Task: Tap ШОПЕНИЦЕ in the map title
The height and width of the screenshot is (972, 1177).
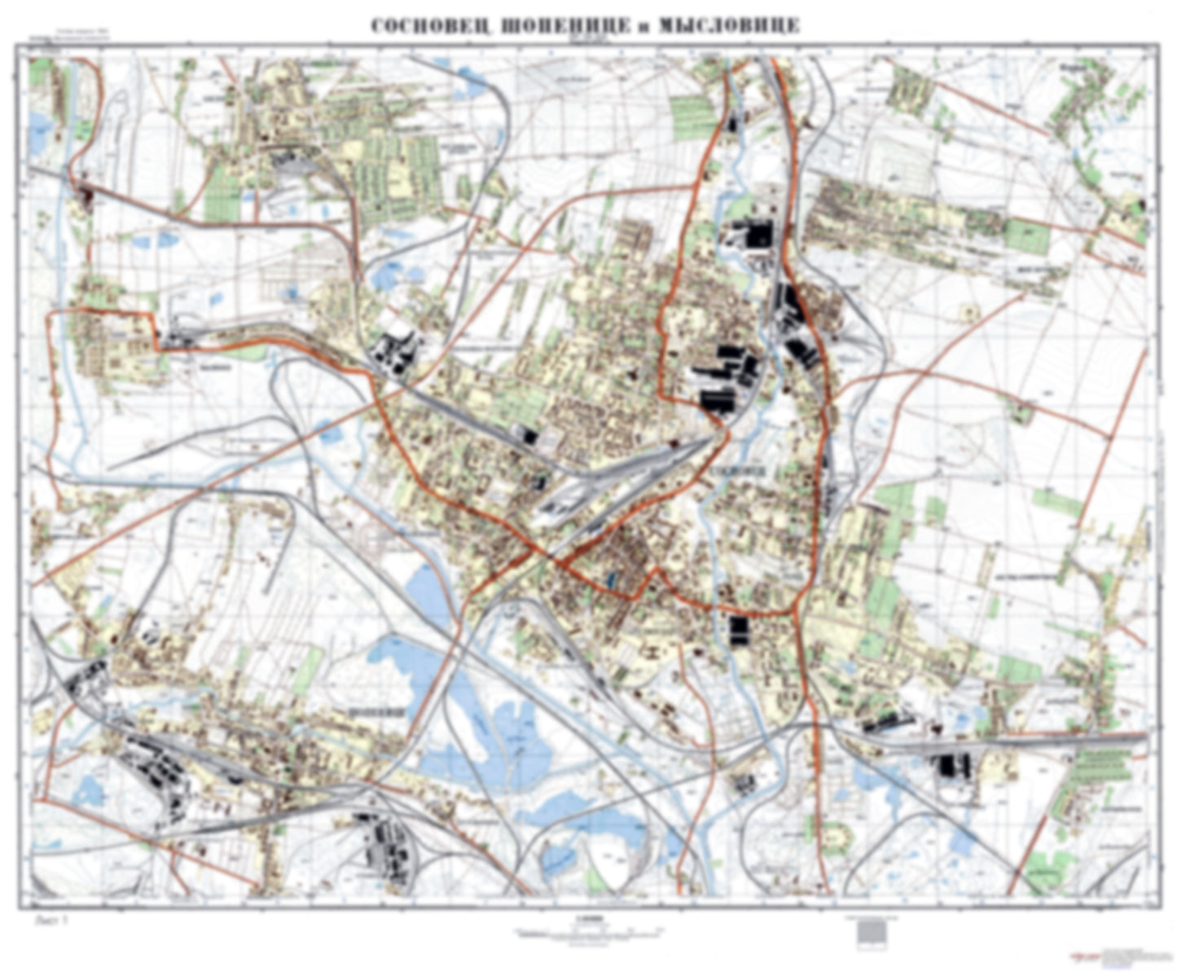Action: coord(560,27)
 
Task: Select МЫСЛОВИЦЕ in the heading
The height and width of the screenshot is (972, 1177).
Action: coord(728,27)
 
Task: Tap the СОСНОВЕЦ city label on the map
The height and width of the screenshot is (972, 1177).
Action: coord(738,471)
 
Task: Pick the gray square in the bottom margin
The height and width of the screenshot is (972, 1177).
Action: coord(871,930)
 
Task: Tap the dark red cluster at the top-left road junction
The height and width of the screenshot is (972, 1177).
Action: coord(86,194)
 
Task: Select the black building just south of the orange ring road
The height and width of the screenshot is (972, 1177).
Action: coord(739,630)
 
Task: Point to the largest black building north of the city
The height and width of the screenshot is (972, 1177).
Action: coord(759,234)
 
